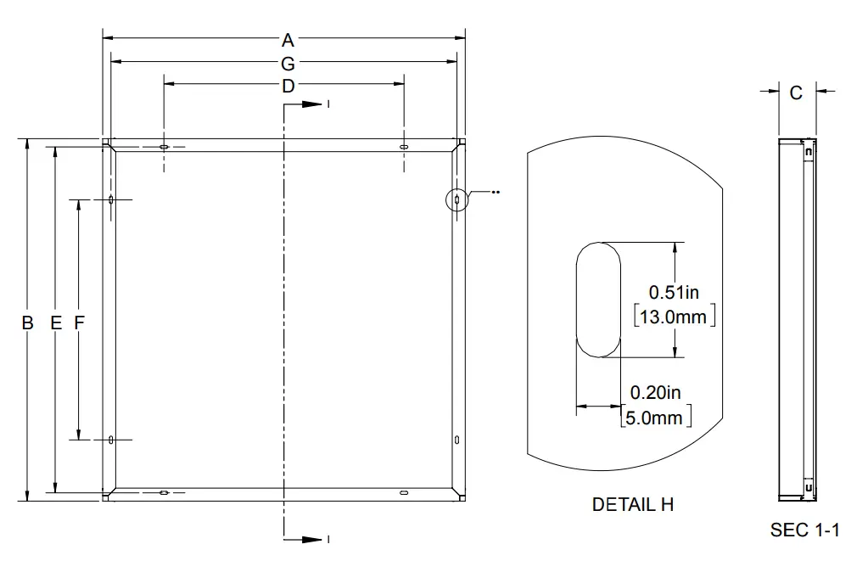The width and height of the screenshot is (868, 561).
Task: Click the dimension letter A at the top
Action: pyautogui.click(x=288, y=39)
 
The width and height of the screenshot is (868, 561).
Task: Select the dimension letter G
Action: pyautogui.click(x=288, y=63)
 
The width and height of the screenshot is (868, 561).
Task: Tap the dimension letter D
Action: pyautogui.click(x=288, y=86)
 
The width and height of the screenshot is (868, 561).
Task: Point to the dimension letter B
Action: pyautogui.click(x=28, y=323)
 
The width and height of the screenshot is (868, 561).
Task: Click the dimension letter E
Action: pyautogui.click(x=55, y=323)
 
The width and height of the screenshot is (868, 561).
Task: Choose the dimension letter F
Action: pyautogui.click(x=80, y=323)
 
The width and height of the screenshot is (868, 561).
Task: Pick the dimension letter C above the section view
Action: pyautogui.click(x=796, y=93)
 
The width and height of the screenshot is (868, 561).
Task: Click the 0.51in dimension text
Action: pyautogui.click(x=674, y=293)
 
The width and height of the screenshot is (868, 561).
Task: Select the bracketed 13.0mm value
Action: pyautogui.click(x=675, y=317)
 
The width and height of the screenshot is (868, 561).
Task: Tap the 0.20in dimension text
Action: pyautogui.click(x=655, y=393)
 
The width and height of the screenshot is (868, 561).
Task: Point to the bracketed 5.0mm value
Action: pyautogui.click(x=656, y=417)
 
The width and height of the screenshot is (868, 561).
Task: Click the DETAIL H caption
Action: pyautogui.click(x=632, y=504)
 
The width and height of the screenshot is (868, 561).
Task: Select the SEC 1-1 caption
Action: pyautogui.click(x=804, y=530)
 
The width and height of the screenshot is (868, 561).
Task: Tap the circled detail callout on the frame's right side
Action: pyautogui.click(x=456, y=199)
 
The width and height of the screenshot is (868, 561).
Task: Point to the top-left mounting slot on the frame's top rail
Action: pyautogui.click(x=164, y=147)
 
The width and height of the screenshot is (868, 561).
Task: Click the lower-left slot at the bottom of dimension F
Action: pyautogui.click(x=111, y=440)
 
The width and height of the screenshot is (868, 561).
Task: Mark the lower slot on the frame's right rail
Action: pyautogui.click(x=457, y=440)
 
